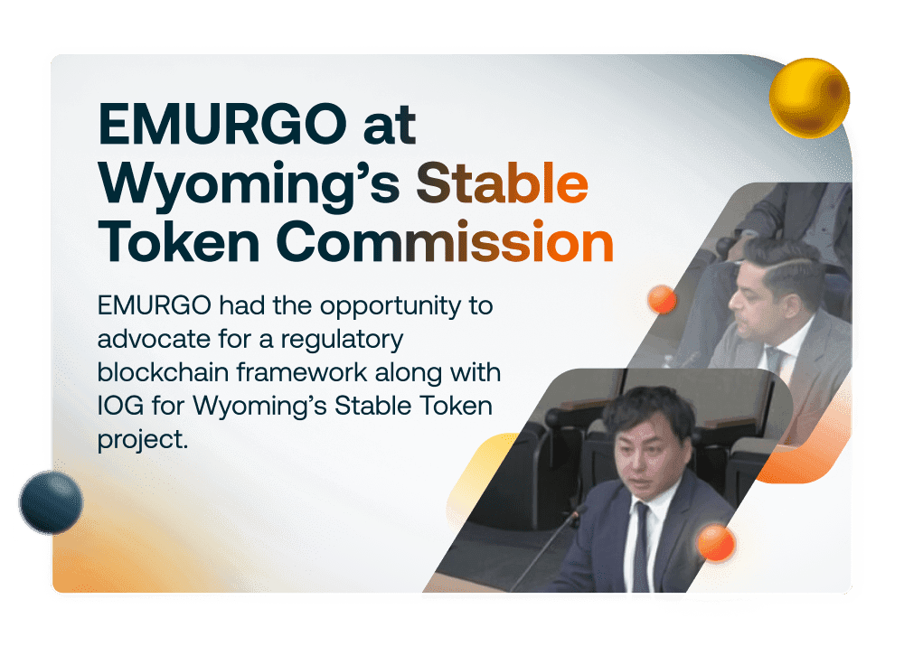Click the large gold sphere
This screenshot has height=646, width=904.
coord(809,98)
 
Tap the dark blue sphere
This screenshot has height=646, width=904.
coord(51,501)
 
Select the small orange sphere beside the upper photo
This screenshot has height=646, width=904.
coord(663,299)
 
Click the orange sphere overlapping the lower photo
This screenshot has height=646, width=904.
coord(716,542)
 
